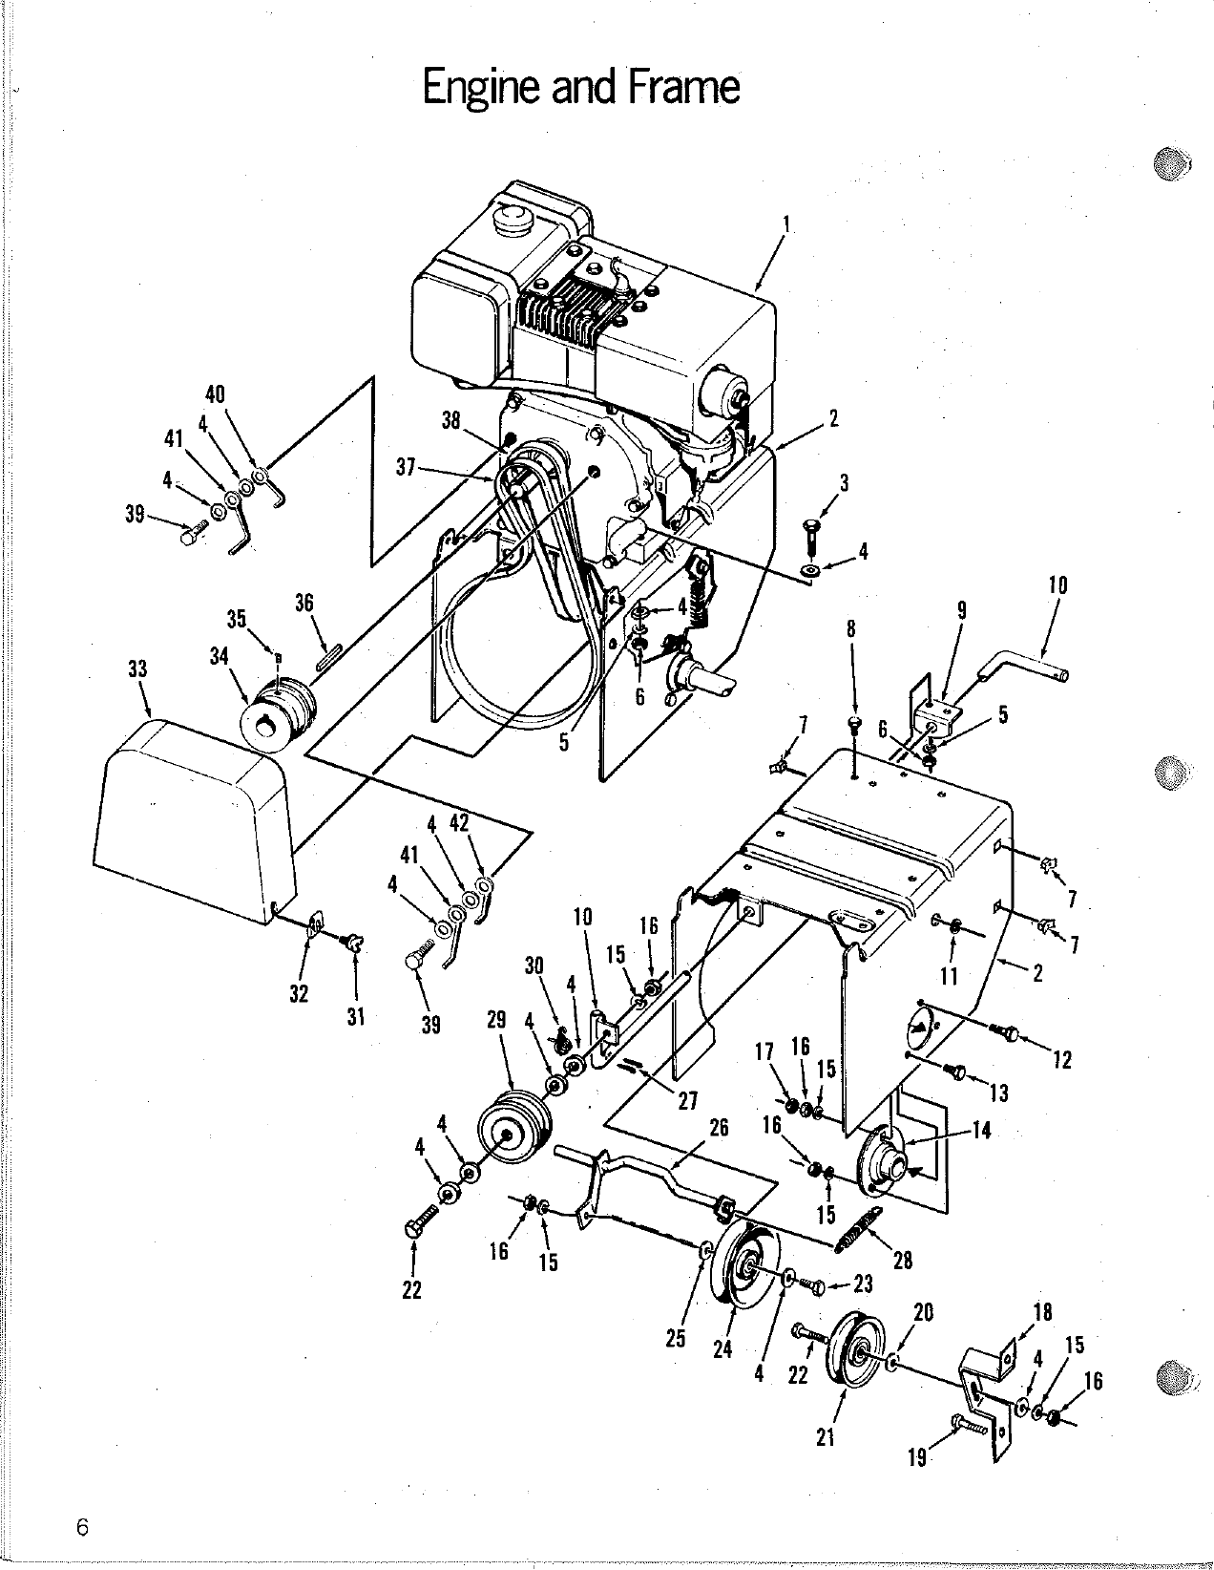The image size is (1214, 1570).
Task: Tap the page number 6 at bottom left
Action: pyautogui.click(x=83, y=1527)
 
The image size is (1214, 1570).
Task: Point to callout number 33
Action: pyautogui.click(x=137, y=669)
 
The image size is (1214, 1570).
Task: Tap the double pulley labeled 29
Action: pyautogui.click(x=513, y=1132)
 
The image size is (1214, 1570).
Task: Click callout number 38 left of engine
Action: pyautogui.click(x=451, y=420)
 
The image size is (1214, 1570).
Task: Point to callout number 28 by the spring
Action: pyautogui.click(x=902, y=1261)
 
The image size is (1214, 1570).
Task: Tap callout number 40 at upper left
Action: pyautogui.click(x=215, y=393)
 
